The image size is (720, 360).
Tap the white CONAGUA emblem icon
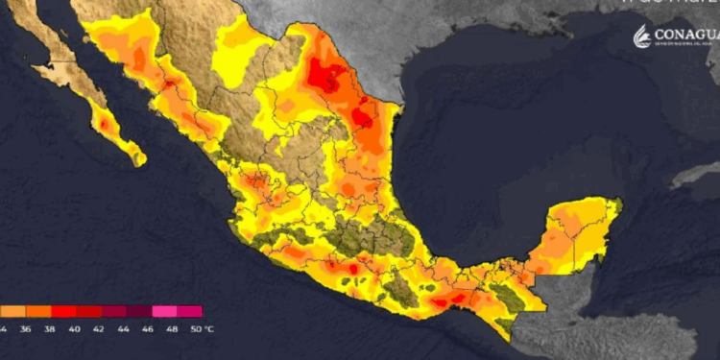click(x=640, y=36)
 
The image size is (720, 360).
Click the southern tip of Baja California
click(x=139, y=159)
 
